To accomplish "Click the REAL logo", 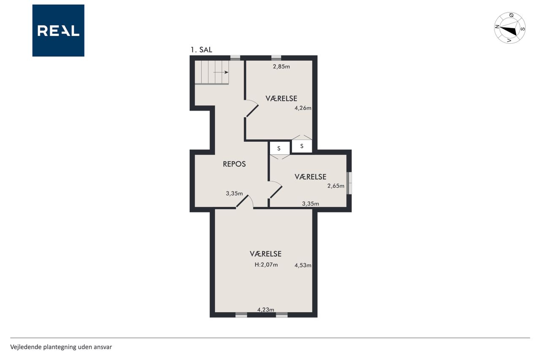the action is (58, 30).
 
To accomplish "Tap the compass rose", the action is (510, 28).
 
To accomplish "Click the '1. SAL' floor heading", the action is (201, 50).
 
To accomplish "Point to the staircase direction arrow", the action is (221, 72).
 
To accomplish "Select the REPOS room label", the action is (234, 164).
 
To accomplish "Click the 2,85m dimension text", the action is (281, 67).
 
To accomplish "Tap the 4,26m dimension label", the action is (303, 108).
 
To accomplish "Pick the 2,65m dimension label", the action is (335, 186).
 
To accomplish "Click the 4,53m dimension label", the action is (303, 265).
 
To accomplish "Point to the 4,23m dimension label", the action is (265, 310).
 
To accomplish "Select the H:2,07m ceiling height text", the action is (266, 265).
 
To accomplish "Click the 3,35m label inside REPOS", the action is (234, 193).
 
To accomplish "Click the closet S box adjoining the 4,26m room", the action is (302, 146).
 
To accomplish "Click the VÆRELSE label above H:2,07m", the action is (265, 254).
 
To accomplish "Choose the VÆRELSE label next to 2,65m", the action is (310, 177).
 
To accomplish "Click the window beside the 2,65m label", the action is (349, 183).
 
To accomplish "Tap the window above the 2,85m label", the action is (276, 58).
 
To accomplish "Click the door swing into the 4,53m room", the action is (245, 202).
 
